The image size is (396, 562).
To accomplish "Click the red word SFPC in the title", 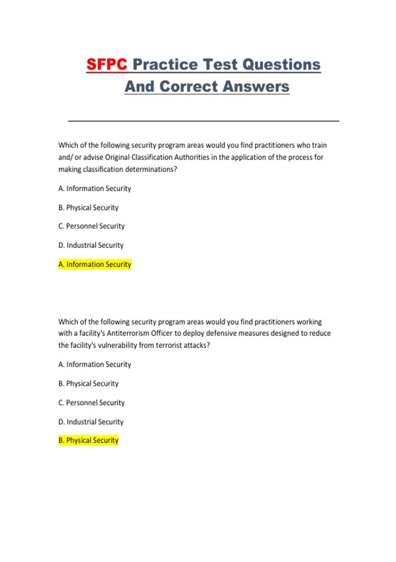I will coord(107,64).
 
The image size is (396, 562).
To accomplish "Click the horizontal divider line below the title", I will coord(203,121).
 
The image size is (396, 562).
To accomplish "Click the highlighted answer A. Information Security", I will coord(95,264).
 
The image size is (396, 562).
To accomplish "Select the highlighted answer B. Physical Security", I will coord(88,440).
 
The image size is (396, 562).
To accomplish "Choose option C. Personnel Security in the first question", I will coord(91,226).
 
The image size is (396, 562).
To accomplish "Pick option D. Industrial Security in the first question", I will coord(91,245).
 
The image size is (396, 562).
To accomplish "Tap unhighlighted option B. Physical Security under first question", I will coord(88,208).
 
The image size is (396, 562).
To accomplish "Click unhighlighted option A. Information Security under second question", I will coord(95,364).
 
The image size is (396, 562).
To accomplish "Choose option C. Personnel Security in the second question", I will coord(91,403).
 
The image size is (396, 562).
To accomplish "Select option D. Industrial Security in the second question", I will coord(91,422).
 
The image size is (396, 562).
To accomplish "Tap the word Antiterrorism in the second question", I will coord(128,333).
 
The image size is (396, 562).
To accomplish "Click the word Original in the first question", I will coord(117,157).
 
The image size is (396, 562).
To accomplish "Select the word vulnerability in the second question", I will coord(117,345).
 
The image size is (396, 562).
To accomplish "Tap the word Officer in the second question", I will coord(162,333).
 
